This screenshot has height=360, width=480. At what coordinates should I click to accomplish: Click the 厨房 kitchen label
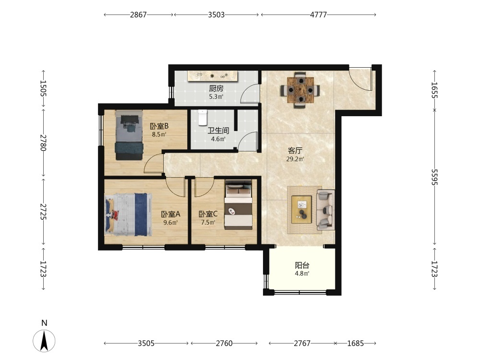click(216, 89)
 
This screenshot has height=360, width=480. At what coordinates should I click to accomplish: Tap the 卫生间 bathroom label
click(218, 131)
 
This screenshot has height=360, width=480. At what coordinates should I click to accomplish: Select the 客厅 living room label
click(295, 151)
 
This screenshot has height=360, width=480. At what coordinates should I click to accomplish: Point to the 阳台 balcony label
click(302, 265)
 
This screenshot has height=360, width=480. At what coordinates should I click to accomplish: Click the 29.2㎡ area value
click(295, 159)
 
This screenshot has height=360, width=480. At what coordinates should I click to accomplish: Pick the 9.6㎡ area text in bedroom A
click(170, 223)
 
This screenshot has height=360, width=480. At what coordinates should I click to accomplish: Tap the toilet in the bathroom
click(203, 118)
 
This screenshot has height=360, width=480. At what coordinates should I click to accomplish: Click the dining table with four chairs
click(300, 90)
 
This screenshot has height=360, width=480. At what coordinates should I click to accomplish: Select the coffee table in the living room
click(301, 210)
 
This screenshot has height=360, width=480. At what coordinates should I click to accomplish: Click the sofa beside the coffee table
click(325, 210)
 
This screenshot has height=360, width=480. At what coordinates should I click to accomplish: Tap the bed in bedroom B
click(129, 135)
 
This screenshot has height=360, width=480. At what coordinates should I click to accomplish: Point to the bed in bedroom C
click(239, 205)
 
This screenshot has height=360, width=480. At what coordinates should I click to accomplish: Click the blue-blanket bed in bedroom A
click(129, 214)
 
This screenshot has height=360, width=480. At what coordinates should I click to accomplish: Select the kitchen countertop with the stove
click(213, 76)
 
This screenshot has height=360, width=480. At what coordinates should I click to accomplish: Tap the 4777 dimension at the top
click(318, 15)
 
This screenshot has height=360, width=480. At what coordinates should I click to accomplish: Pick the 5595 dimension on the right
click(434, 177)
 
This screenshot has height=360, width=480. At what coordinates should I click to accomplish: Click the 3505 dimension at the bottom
click(146, 344)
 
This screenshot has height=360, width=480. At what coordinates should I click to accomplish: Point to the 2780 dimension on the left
click(43, 143)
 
